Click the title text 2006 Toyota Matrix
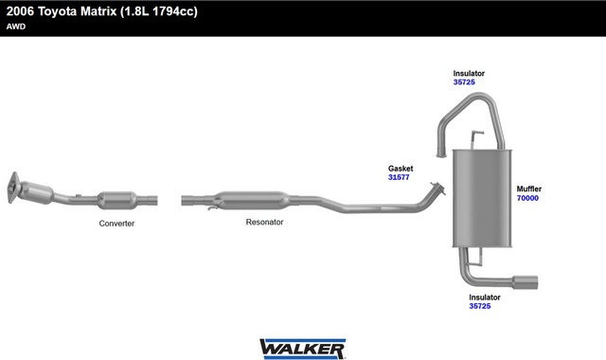click(x=61, y=11)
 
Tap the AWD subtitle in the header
click(x=16, y=27)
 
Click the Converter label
click(x=116, y=224)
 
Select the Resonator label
click(x=264, y=222)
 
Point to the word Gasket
click(x=401, y=169)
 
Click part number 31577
click(x=399, y=177)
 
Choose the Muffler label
click(x=529, y=189)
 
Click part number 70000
click(x=527, y=198)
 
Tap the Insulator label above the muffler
click(x=469, y=73)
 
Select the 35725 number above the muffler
click(x=464, y=82)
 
